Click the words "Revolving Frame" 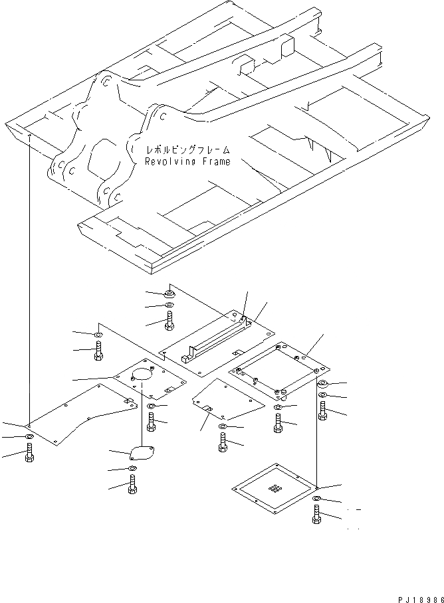pos(187,161)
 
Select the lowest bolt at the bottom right pos(316,515)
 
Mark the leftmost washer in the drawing pos(29,436)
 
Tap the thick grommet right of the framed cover pos(322,384)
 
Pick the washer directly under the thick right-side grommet pos(322,396)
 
